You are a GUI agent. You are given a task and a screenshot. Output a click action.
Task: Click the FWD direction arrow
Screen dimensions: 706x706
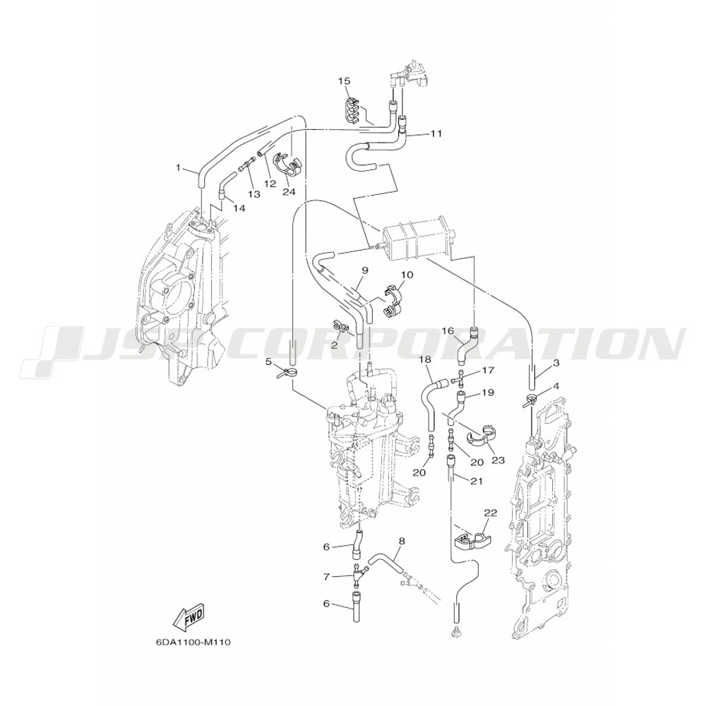click(x=189, y=615)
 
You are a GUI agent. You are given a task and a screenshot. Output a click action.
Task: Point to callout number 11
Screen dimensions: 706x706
click(x=436, y=133)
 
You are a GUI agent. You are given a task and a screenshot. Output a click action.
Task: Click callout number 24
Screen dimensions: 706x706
click(x=289, y=192)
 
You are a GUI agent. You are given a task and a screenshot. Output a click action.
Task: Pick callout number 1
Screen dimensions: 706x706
click(x=179, y=167)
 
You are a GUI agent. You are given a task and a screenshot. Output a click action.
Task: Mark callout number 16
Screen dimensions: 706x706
click(x=448, y=331)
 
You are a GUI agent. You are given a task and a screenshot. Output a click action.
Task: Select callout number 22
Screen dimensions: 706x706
click(x=490, y=513)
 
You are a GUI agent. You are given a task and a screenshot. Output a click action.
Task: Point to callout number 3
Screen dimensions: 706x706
click(x=556, y=362)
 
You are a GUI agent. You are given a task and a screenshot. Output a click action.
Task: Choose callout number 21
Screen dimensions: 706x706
click(x=477, y=481)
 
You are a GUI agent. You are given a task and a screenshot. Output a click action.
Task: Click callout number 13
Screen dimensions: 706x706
click(x=254, y=193)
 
